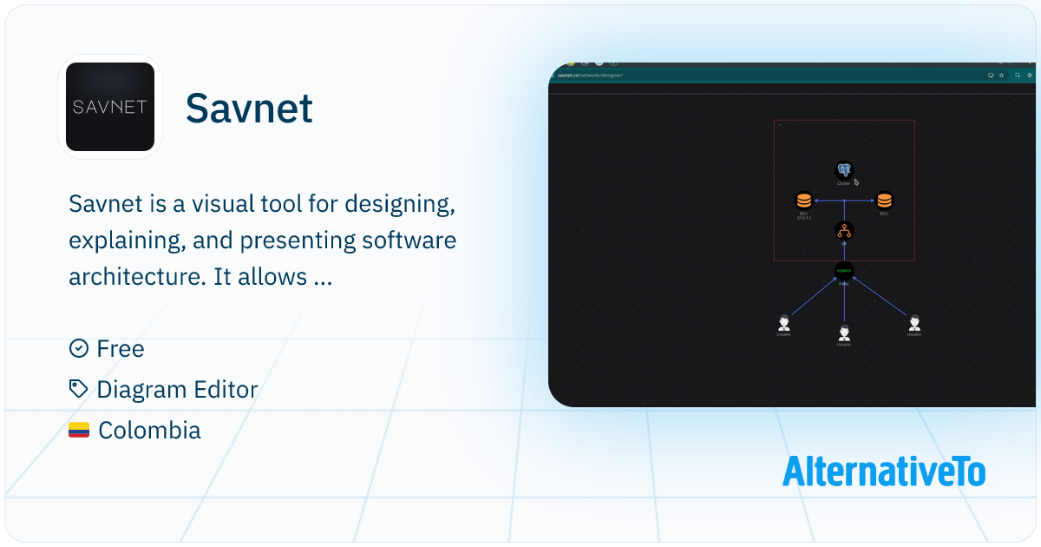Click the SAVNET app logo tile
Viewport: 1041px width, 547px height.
tap(110, 107)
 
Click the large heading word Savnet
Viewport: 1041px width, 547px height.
tap(249, 109)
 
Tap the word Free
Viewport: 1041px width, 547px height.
tap(121, 349)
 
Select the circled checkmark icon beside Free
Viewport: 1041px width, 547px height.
tap(78, 348)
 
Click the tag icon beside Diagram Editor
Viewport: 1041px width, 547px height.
tap(78, 389)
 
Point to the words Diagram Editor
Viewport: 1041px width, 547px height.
tap(177, 390)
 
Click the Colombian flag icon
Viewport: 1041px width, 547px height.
tap(79, 430)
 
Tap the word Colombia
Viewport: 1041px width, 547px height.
tap(149, 430)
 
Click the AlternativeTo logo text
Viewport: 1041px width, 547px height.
tap(883, 471)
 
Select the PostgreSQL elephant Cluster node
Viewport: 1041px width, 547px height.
tap(844, 170)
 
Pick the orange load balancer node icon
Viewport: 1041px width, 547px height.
tap(844, 231)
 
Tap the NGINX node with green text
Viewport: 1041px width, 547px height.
tap(844, 272)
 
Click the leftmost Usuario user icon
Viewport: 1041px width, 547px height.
tap(784, 323)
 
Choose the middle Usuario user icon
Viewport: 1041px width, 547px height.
tap(844, 333)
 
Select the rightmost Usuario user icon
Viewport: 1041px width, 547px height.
tap(913, 323)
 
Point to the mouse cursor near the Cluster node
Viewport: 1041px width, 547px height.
tap(856, 181)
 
